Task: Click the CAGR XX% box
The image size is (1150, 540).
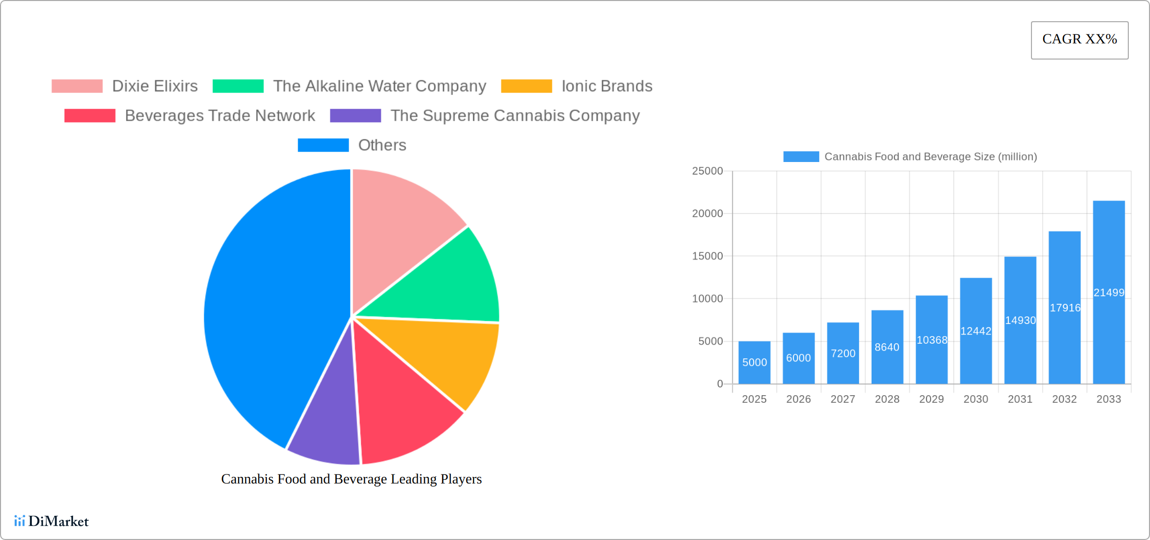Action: [x=1079, y=40]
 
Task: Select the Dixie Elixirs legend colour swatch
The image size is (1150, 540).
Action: [x=77, y=86]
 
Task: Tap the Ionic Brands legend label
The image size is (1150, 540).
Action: [x=607, y=86]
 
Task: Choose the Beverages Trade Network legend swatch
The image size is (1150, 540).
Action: [x=90, y=116]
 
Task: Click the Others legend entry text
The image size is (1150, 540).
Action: [x=382, y=145]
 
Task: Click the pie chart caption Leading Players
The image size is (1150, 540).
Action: [x=352, y=479]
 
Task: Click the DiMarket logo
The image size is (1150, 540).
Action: [x=51, y=521]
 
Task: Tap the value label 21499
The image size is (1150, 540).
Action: [x=1109, y=293]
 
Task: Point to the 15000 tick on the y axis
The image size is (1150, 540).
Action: [x=707, y=256]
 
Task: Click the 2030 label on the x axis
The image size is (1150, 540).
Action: [x=975, y=399]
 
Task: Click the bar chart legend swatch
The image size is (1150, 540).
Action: [x=801, y=157]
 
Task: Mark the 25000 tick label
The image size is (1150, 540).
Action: [x=707, y=171]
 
